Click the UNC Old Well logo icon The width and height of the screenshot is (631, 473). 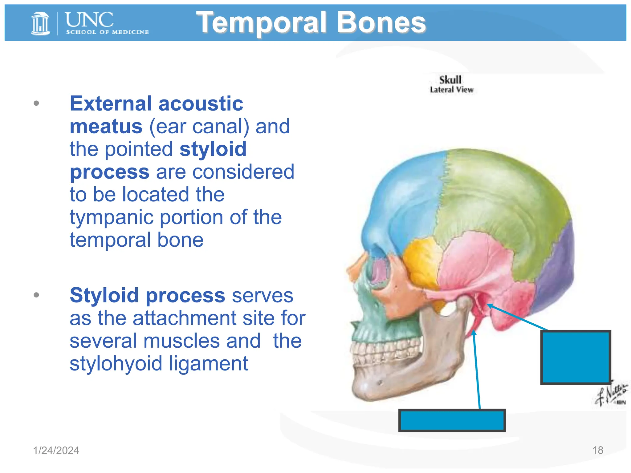(x=40, y=23)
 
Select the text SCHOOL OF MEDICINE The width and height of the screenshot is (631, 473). (x=107, y=32)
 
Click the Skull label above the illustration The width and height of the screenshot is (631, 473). (x=450, y=80)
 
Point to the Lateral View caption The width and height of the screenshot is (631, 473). (x=452, y=90)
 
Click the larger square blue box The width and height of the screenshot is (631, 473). (x=576, y=357)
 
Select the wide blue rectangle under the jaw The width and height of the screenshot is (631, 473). (x=452, y=420)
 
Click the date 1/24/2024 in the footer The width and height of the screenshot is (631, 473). (x=56, y=451)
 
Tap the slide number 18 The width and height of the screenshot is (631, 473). (x=598, y=450)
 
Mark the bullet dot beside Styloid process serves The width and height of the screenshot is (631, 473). (x=36, y=295)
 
